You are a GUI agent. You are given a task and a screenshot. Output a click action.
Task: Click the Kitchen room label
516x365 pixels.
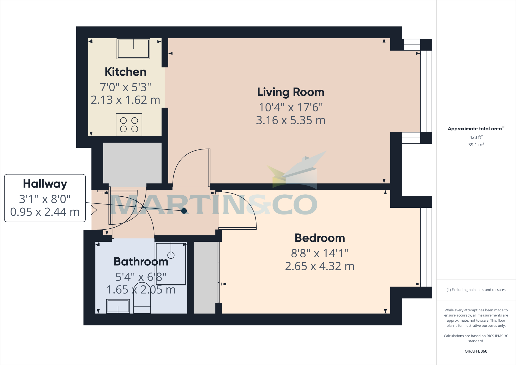click(x=125, y=72)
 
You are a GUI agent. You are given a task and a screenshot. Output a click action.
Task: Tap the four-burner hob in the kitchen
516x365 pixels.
click(x=129, y=125)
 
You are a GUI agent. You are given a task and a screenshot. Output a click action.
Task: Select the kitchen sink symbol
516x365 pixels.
click(x=133, y=49)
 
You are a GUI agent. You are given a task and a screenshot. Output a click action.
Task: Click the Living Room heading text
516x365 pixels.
click(x=291, y=92)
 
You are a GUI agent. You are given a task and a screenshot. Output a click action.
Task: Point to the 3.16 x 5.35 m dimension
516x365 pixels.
click(x=291, y=120)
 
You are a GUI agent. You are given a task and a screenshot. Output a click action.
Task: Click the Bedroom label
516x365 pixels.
click(x=319, y=238)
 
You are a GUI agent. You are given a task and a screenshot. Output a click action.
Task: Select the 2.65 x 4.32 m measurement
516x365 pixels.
click(x=319, y=266)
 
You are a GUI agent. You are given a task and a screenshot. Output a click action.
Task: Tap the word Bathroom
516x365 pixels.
click(x=141, y=262)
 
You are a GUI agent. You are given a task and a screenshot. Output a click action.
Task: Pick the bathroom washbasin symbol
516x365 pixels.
click(x=118, y=306)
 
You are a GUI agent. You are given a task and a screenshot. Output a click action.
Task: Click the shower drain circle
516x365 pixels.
click(x=171, y=255)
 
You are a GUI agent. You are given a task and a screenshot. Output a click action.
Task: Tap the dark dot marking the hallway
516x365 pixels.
click(x=184, y=211)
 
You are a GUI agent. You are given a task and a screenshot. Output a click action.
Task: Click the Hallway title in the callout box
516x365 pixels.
click(x=45, y=184)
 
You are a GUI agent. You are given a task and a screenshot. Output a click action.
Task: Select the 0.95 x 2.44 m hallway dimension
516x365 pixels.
click(x=45, y=212)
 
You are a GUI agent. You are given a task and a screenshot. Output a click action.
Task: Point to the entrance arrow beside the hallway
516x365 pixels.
click(x=92, y=210)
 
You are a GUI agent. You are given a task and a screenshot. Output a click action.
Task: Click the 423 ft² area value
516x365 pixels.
click(x=476, y=137)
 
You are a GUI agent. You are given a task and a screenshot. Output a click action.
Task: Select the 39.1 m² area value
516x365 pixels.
click(x=476, y=145)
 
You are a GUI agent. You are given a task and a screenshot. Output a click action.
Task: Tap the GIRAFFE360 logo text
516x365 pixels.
click(x=476, y=351)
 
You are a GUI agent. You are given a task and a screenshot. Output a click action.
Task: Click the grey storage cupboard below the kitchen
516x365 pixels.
click(x=132, y=163)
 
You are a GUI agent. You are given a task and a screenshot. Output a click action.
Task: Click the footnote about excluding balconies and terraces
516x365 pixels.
click(x=476, y=290)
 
